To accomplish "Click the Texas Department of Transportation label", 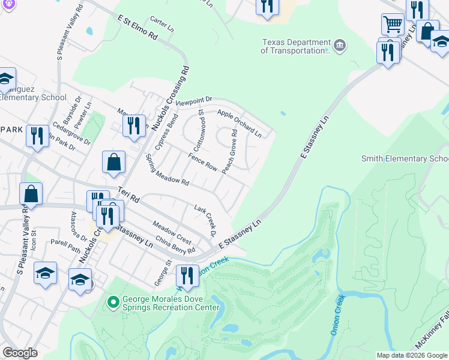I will click(x=296, y=47).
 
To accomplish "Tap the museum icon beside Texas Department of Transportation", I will click(x=340, y=46).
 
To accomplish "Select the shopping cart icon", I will click(x=393, y=25).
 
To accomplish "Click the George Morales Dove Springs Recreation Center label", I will click(x=171, y=303).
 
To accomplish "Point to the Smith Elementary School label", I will click(x=405, y=158).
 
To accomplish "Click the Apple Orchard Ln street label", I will click(x=239, y=122).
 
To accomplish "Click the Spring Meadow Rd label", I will click(x=167, y=170).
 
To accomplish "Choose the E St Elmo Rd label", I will click(x=137, y=28).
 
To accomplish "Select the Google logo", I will click(x=20, y=353).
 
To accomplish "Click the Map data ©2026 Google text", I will click(x=412, y=355).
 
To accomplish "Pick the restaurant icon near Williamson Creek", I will click(x=187, y=275).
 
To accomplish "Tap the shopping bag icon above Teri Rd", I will click(x=113, y=161).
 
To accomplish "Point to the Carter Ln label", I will click(x=162, y=25).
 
